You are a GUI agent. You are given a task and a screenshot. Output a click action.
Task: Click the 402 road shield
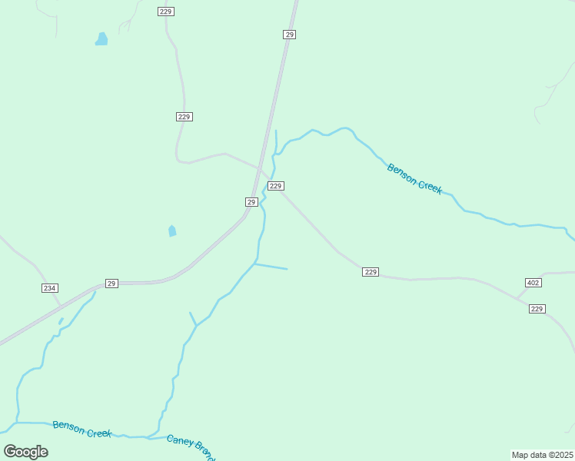click(533, 283)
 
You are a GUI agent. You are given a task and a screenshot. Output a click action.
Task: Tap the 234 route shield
click(49, 287)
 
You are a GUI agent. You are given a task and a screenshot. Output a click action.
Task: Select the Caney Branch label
click(190, 446)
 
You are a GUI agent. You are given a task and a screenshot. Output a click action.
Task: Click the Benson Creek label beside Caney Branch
click(82, 429)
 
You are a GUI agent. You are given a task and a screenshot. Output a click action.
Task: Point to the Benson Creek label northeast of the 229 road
click(414, 178)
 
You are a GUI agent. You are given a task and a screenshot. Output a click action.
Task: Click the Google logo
click(25, 451)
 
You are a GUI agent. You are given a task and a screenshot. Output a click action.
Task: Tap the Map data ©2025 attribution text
click(542, 455)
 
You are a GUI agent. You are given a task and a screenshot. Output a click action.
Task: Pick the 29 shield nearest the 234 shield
click(111, 284)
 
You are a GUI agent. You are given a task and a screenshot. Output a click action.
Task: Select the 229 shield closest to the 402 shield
click(537, 309)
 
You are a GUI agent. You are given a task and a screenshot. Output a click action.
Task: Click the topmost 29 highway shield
click(289, 35)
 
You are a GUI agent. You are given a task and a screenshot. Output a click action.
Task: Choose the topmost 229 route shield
click(166, 12)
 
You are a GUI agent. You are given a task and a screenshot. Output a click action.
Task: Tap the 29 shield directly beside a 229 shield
click(251, 201)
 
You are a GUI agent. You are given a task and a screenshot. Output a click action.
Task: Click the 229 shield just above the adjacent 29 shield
click(277, 186)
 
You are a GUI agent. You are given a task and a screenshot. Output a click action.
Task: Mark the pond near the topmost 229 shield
click(101, 39)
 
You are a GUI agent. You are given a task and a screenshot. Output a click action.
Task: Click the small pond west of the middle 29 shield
click(172, 230)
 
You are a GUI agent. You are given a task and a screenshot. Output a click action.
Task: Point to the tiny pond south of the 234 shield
click(61, 321)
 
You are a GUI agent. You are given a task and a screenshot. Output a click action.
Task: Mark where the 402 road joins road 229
click(517, 298)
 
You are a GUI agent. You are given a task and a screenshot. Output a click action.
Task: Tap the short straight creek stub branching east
click(271, 267)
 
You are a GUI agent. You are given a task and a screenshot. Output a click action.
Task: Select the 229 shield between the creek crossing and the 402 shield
click(371, 272)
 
